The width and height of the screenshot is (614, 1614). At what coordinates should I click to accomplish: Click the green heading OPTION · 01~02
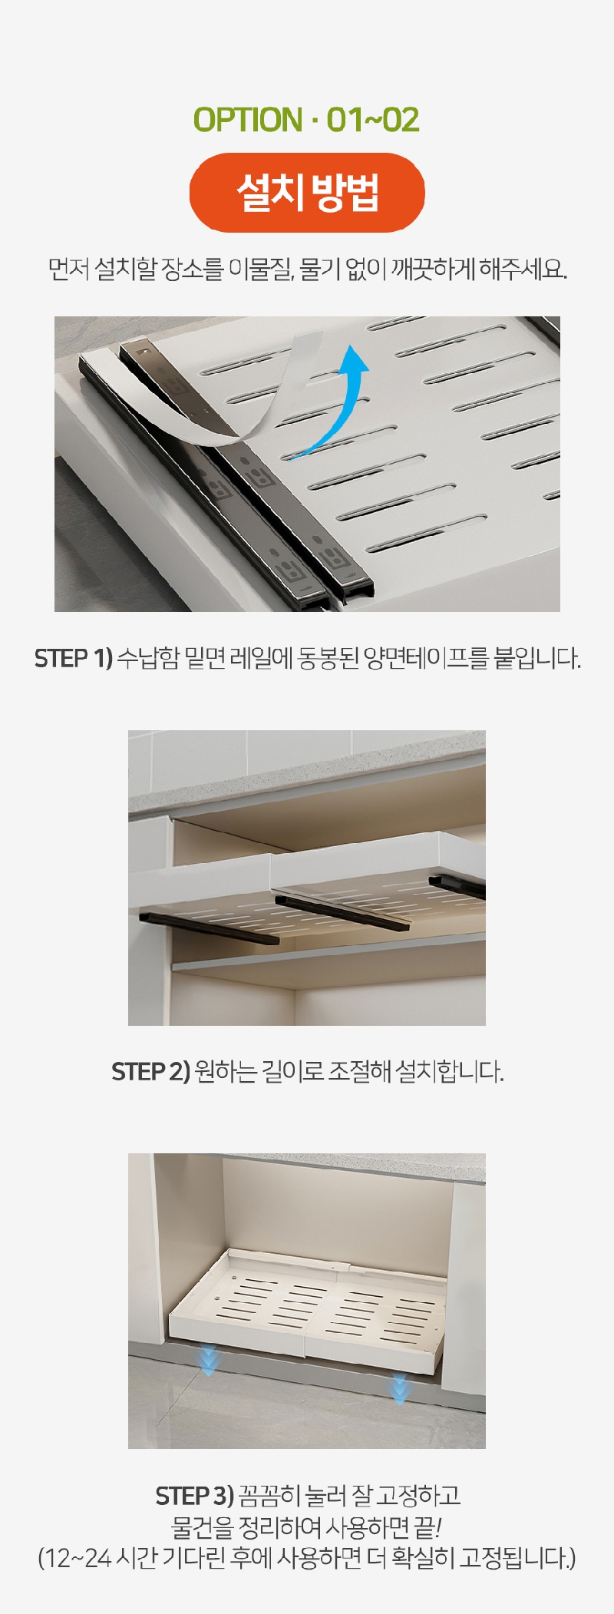pyautogui.click(x=306, y=120)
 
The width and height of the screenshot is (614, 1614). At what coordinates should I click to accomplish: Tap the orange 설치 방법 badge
pyautogui.click(x=307, y=192)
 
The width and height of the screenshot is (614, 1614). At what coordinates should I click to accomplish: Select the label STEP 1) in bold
pyautogui.click(x=74, y=658)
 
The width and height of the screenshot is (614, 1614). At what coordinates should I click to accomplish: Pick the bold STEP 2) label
pyautogui.click(x=150, y=1071)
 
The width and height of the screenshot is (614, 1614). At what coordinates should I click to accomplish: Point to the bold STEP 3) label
pyautogui.click(x=194, y=1495)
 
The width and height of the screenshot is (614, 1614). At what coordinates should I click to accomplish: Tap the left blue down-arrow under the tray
pyautogui.click(x=209, y=1360)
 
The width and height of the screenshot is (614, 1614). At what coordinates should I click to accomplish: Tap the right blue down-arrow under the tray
pyautogui.click(x=398, y=1390)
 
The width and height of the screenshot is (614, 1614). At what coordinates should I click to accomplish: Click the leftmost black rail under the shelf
pyautogui.click(x=209, y=928)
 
